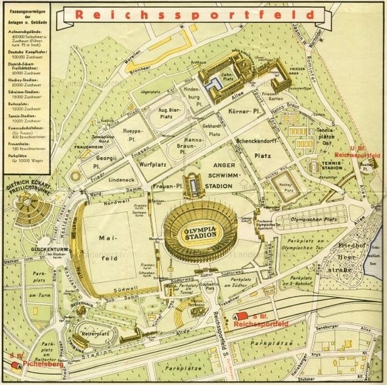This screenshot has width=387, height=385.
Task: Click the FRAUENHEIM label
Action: (x=88, y=147)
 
